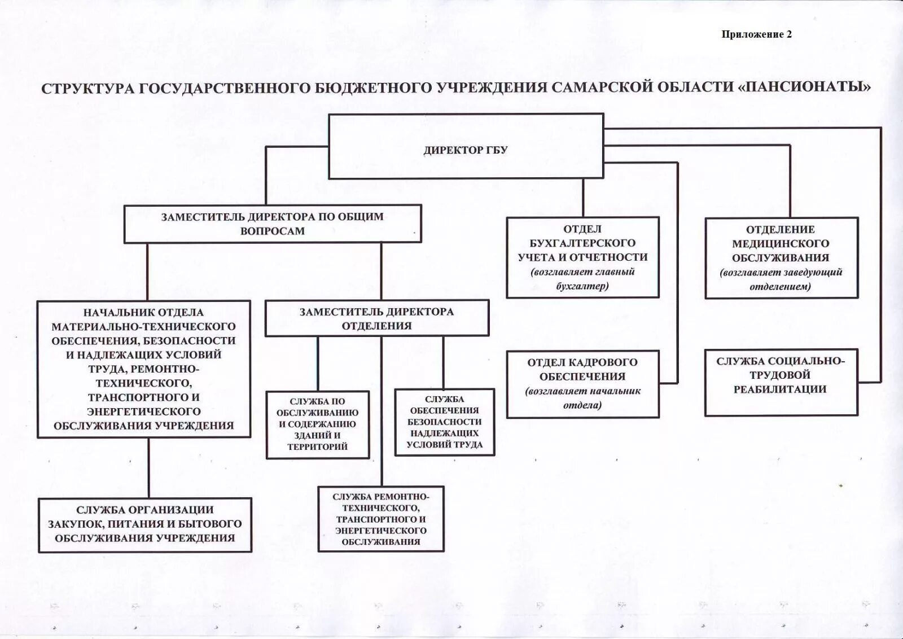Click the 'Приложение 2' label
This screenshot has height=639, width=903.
(x=756, y=34)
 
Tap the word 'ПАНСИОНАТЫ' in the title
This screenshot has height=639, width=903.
(x=804, y=87)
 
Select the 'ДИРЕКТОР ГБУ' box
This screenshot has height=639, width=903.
(x=466, y=150)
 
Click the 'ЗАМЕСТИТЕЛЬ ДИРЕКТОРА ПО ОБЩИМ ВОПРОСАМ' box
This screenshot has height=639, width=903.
(x=273, y=224)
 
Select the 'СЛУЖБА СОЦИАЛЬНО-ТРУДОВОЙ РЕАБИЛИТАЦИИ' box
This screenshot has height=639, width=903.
(x=781, y=375)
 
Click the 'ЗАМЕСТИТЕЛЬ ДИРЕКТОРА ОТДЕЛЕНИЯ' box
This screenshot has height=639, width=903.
(x=376, y=318)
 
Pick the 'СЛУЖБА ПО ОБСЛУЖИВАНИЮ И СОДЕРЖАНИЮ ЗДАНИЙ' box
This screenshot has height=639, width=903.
(x=317, y=424)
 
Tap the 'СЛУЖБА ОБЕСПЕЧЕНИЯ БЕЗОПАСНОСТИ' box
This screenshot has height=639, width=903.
(x=445, y=422)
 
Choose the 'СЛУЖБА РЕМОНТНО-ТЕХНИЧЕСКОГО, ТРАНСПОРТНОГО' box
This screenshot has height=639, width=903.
(x=380, y=519)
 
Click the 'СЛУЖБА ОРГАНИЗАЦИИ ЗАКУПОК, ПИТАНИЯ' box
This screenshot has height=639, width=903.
(x=144, y=524)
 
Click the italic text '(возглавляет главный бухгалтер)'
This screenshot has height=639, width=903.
(x=582, y=279)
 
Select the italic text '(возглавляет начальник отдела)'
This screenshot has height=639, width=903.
(x=582, y=398)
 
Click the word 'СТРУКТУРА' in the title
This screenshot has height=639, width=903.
(x=87, y=89)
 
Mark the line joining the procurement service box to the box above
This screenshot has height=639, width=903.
(x=149, y=467)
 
